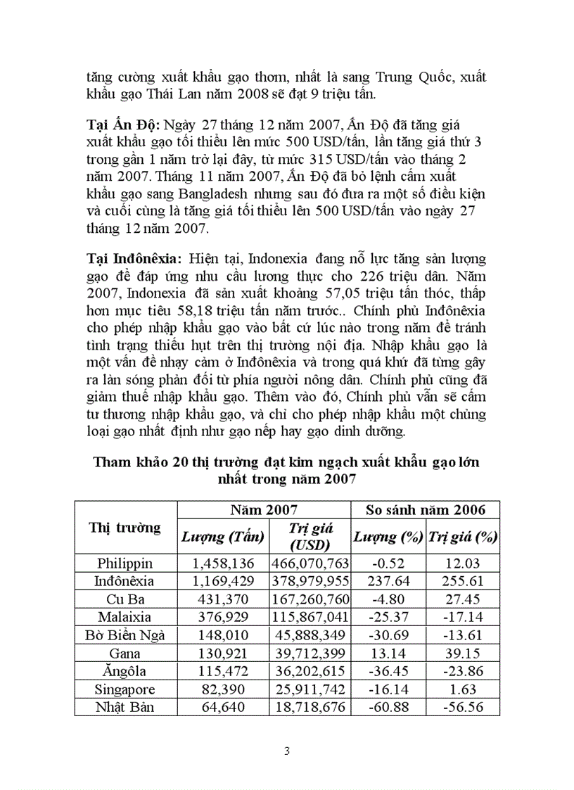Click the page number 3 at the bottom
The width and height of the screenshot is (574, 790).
(286, 751)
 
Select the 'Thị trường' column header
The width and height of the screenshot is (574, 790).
(125, 527)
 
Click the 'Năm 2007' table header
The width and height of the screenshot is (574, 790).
(264, 510)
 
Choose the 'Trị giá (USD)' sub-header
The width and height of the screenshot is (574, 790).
(310, 537)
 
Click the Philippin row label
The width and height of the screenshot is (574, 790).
(125, 563)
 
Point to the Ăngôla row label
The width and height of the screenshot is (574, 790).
(125, 671)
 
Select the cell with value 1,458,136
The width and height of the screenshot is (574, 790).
(222, 563)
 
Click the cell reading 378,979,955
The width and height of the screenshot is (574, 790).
(310, 581)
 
